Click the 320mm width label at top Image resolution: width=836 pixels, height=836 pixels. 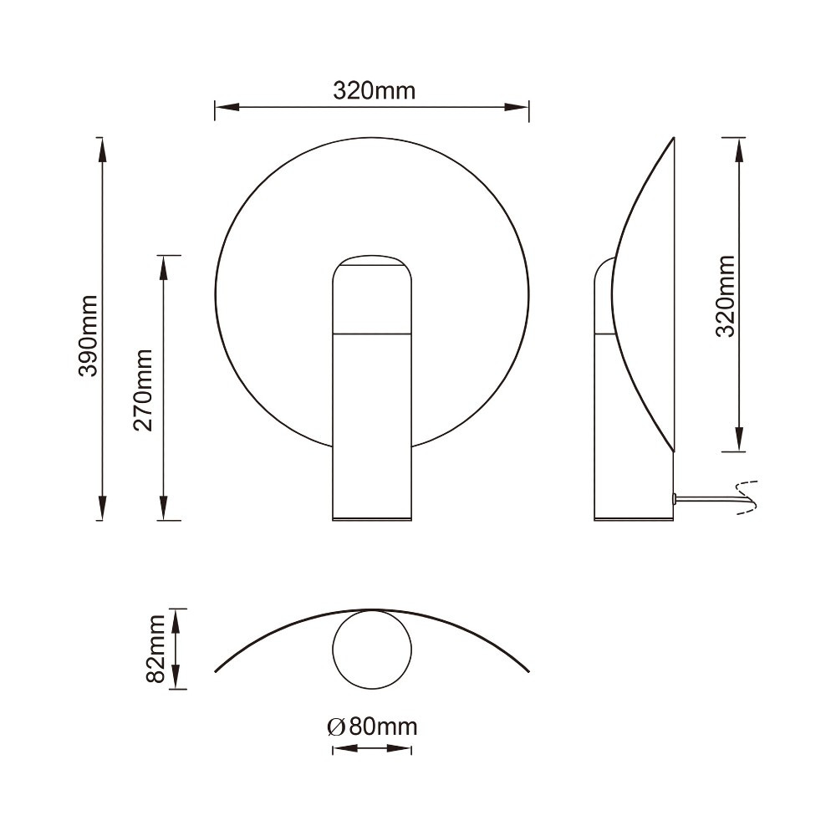pos(374,91)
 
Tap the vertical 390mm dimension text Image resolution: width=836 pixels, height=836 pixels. pos(88,336)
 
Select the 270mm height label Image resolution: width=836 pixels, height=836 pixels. pos(143,390)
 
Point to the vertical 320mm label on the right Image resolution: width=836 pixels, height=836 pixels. pos(725,296)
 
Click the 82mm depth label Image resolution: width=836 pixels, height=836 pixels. pos(155,649)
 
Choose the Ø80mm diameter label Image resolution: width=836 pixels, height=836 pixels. pos(372,726)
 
